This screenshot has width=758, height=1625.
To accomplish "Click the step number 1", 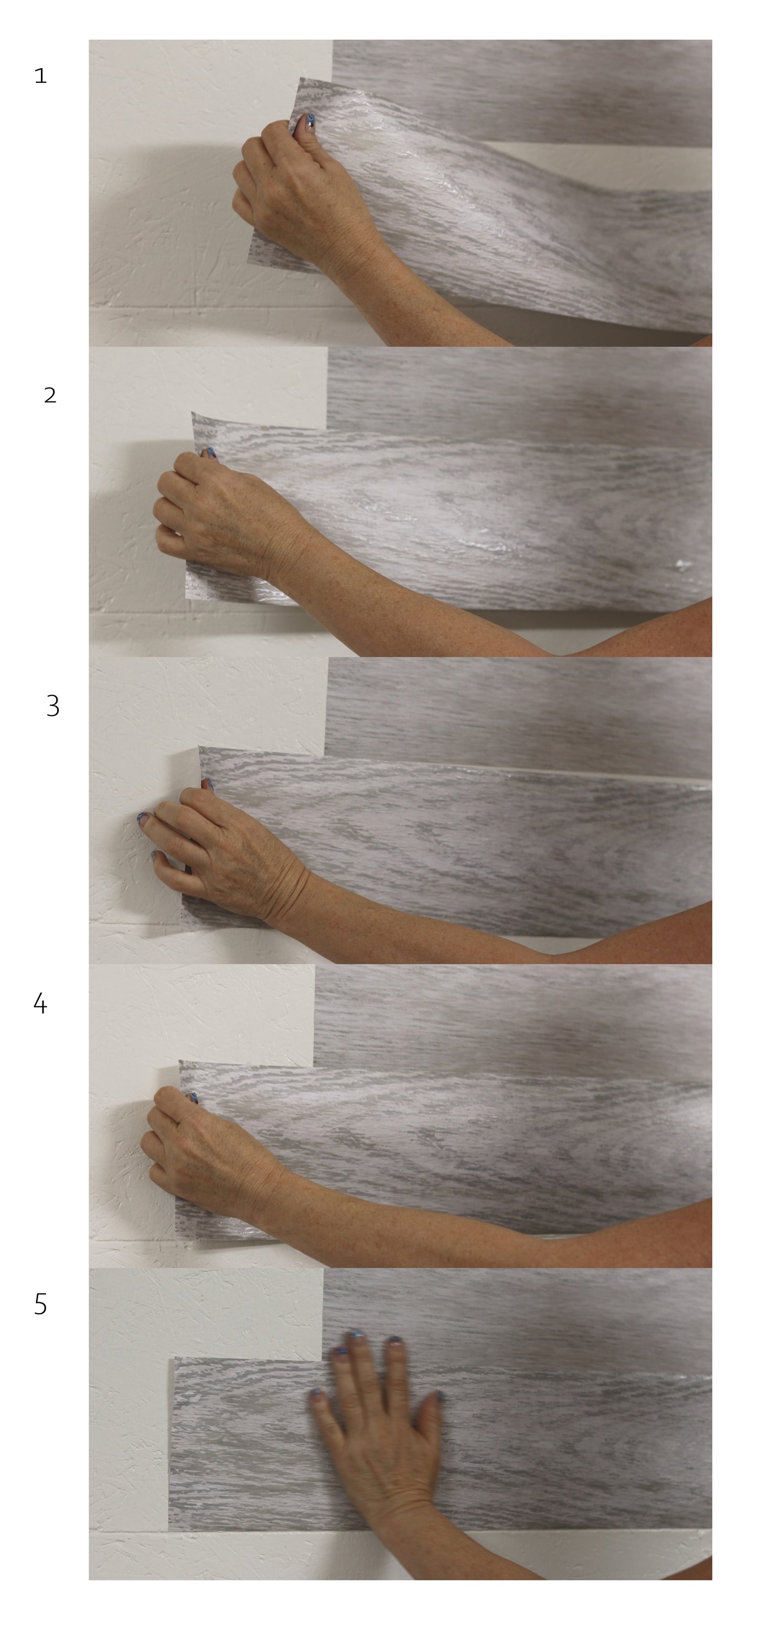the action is pos(40,76).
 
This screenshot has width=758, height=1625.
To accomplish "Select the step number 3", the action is pos(53,706).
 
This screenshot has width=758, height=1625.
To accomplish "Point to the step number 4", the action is pos(40,1003).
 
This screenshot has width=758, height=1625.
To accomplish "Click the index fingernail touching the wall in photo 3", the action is pos(143,819).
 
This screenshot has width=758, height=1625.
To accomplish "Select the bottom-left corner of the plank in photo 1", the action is pos(247,263).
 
